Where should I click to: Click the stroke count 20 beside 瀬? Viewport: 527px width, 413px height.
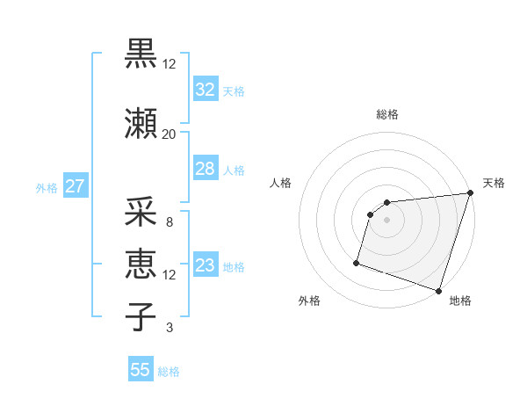[169, 134]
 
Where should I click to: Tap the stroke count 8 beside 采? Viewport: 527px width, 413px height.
[169, 222]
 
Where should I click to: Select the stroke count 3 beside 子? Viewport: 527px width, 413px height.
[169, 329]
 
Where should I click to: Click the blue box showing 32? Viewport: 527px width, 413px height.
[205, 89]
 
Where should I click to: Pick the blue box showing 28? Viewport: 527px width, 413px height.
[205, 169]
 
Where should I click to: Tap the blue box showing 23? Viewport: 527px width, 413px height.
[205, 265]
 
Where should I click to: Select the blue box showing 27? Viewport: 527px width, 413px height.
[75, 186]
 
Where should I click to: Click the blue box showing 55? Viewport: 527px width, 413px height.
[141, 370]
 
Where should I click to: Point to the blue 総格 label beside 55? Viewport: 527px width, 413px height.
[169, 372]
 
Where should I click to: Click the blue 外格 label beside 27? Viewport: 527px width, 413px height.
[47, 188]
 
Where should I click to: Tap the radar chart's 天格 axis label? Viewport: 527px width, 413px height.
[494, 183]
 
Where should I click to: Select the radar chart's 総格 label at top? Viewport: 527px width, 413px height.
[386, 114]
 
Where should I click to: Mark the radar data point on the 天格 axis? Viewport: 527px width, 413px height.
[470, 193]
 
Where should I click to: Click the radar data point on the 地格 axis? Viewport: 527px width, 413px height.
[438, 290]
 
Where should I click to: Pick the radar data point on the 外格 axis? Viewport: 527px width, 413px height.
[357, 262]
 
